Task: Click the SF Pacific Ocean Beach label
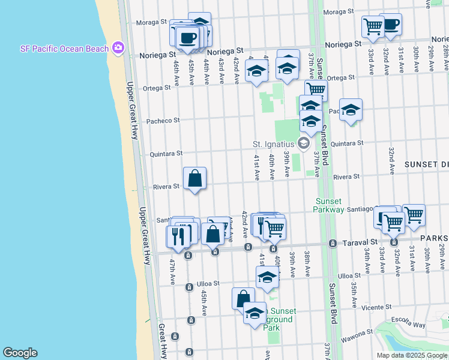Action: [64, 49]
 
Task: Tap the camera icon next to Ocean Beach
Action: [118, 47]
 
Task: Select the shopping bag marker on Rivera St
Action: [194, 179]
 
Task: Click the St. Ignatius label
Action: [273, 144]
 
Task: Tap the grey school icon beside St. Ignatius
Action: [304, 143]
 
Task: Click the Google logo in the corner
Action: [20, 353]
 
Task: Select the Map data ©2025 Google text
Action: [412, 355]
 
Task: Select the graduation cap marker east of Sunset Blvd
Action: [351, 110]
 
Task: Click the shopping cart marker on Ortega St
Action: [316, 91]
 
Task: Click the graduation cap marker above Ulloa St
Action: [267, 277]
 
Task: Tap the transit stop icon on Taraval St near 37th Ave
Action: [332, 244]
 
